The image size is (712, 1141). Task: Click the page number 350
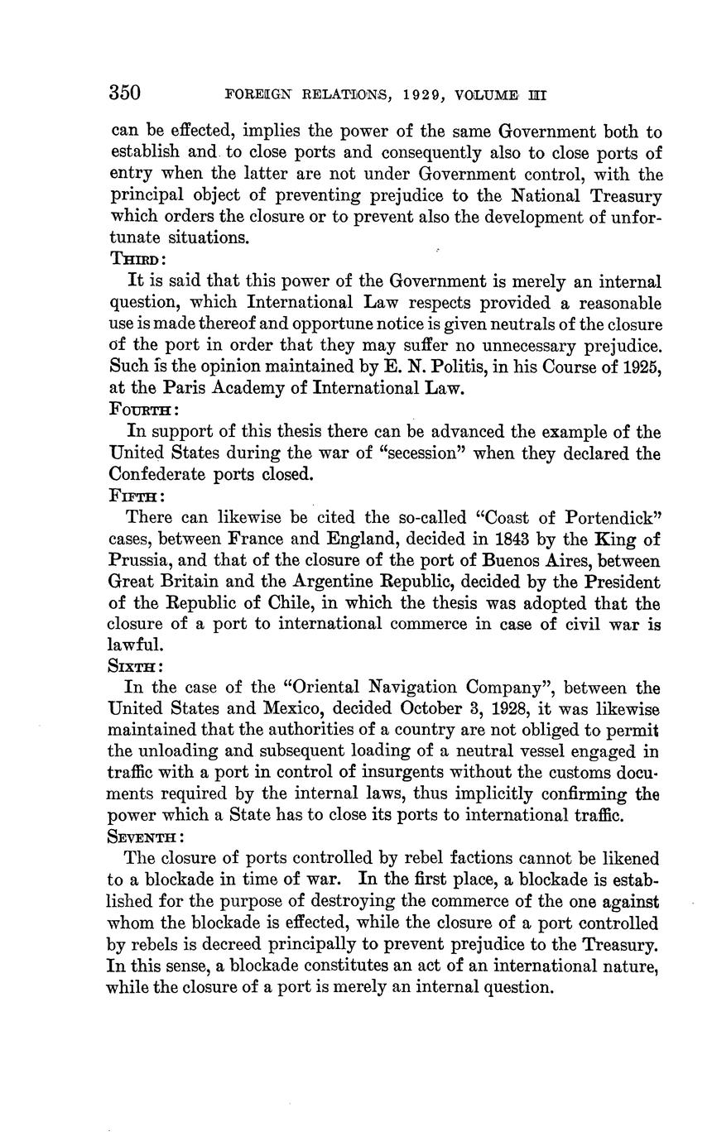126,92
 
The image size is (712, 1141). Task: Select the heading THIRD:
137,259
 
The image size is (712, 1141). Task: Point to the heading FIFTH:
137,496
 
